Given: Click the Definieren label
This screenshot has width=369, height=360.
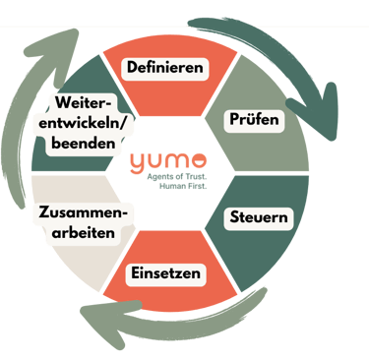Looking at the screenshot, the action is pyautogui.click(x=165, y=69).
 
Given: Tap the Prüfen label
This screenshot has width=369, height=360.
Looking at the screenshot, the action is pyautogui.click(x=255, y=121).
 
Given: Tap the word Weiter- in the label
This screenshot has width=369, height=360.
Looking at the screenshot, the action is pyautogui.click(x=83, y=103).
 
